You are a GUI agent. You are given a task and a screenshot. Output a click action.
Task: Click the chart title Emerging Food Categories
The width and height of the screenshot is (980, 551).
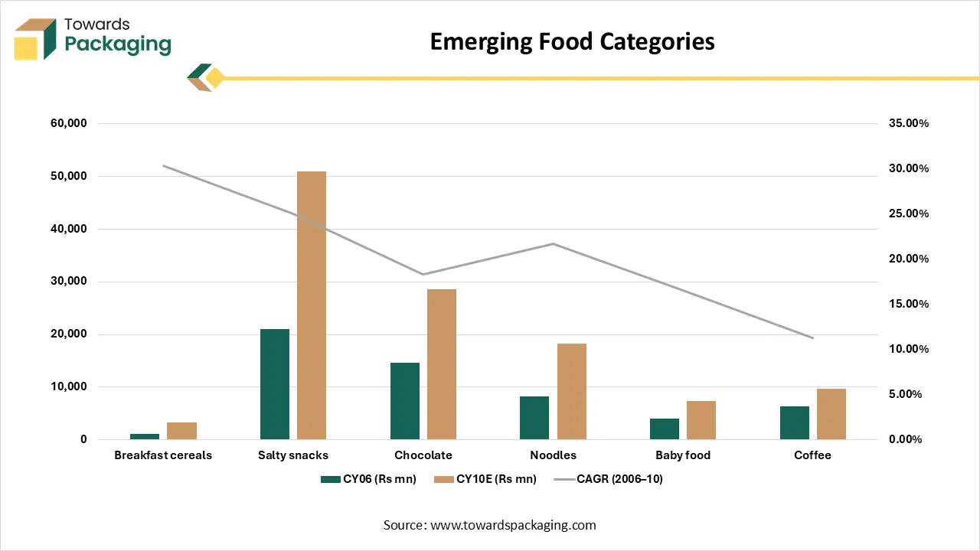point(572,41)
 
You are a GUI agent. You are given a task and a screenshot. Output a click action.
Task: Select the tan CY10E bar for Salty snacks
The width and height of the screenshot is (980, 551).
point(312,305)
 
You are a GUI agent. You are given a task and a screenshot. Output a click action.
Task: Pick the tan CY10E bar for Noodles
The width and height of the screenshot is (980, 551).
point(572,391)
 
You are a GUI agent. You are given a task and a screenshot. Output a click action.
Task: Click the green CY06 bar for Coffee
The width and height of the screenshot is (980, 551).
point(795,422)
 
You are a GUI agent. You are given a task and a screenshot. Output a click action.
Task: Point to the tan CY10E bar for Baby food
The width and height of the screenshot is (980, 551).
point(701,420)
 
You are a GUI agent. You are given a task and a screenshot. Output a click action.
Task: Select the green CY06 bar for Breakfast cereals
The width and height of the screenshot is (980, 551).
point(145,436)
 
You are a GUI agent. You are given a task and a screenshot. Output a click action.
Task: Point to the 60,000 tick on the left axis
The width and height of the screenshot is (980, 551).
point(68,123)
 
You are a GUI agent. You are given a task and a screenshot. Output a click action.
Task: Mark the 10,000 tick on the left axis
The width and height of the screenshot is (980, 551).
point(68,387)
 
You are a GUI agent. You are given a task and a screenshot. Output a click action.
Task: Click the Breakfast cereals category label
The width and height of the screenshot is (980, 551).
point(163,455)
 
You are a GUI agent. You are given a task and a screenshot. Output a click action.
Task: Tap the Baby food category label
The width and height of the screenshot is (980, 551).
point(683,455)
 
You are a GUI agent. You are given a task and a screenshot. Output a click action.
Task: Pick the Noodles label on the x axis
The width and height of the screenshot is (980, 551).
point(553,455)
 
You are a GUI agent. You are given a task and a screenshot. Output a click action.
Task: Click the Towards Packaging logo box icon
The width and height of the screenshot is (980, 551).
point(35,39)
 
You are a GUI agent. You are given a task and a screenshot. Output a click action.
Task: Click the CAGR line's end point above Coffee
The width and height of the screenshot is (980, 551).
point(812,337)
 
